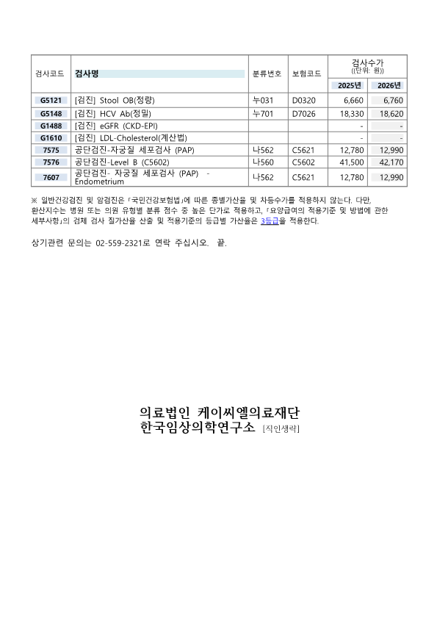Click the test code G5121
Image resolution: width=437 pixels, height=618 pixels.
click(51, 99)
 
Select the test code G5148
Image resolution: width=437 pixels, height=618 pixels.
click(51, 114)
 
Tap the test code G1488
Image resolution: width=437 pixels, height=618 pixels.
click(51, 126)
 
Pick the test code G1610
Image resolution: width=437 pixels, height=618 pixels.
click(51, 137)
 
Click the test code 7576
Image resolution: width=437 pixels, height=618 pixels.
click(51, 162)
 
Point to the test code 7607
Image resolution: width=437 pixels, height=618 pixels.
click(51, 177)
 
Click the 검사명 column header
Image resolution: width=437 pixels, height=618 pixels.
click(87, 73)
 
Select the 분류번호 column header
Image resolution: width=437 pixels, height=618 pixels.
click(267, 73)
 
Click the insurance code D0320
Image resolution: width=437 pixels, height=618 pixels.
click(303, 99)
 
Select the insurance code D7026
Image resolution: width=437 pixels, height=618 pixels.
click(303, 114)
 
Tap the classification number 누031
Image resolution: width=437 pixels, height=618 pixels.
click(262, 99)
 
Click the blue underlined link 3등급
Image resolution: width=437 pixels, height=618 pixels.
click(269, 220)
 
